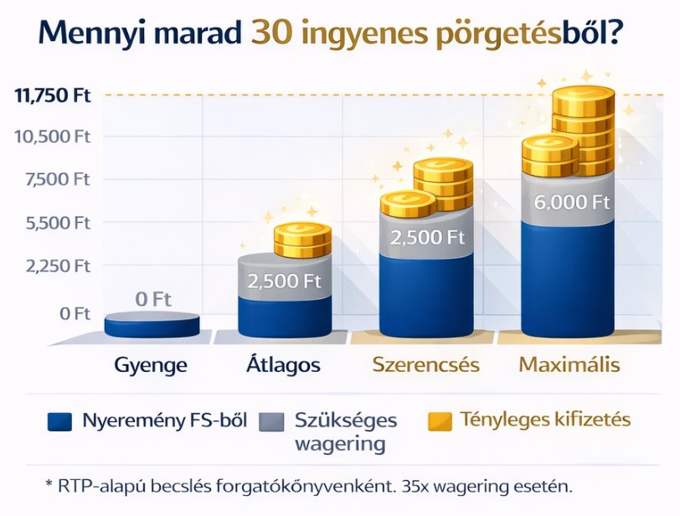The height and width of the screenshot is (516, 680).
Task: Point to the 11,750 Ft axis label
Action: (53, 95)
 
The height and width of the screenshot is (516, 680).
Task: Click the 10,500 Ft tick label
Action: (53, 137)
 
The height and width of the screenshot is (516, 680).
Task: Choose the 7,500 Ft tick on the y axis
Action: (57, 179)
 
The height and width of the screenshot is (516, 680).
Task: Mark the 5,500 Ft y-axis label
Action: (58, 223)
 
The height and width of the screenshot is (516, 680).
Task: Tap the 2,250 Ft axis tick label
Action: (58, 266)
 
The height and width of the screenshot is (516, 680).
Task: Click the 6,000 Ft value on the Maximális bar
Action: (572, 203)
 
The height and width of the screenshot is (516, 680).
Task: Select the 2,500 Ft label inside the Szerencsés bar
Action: (428, 238)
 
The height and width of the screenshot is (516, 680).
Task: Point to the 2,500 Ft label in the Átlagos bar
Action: (284, 281)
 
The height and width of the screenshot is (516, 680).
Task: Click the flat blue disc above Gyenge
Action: (152, 324)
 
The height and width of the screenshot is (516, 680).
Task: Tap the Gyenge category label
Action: (151, 365)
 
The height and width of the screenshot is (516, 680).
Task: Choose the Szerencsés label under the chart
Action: (426, 364)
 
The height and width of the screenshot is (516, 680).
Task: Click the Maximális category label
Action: (569, 364)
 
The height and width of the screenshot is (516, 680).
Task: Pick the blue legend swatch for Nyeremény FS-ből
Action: (59, 422)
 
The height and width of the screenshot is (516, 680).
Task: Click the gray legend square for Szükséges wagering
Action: (271, 422)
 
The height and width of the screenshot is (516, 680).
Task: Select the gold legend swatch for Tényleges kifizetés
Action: (440, 422)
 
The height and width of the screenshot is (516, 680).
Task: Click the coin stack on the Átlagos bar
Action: (302, 240)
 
